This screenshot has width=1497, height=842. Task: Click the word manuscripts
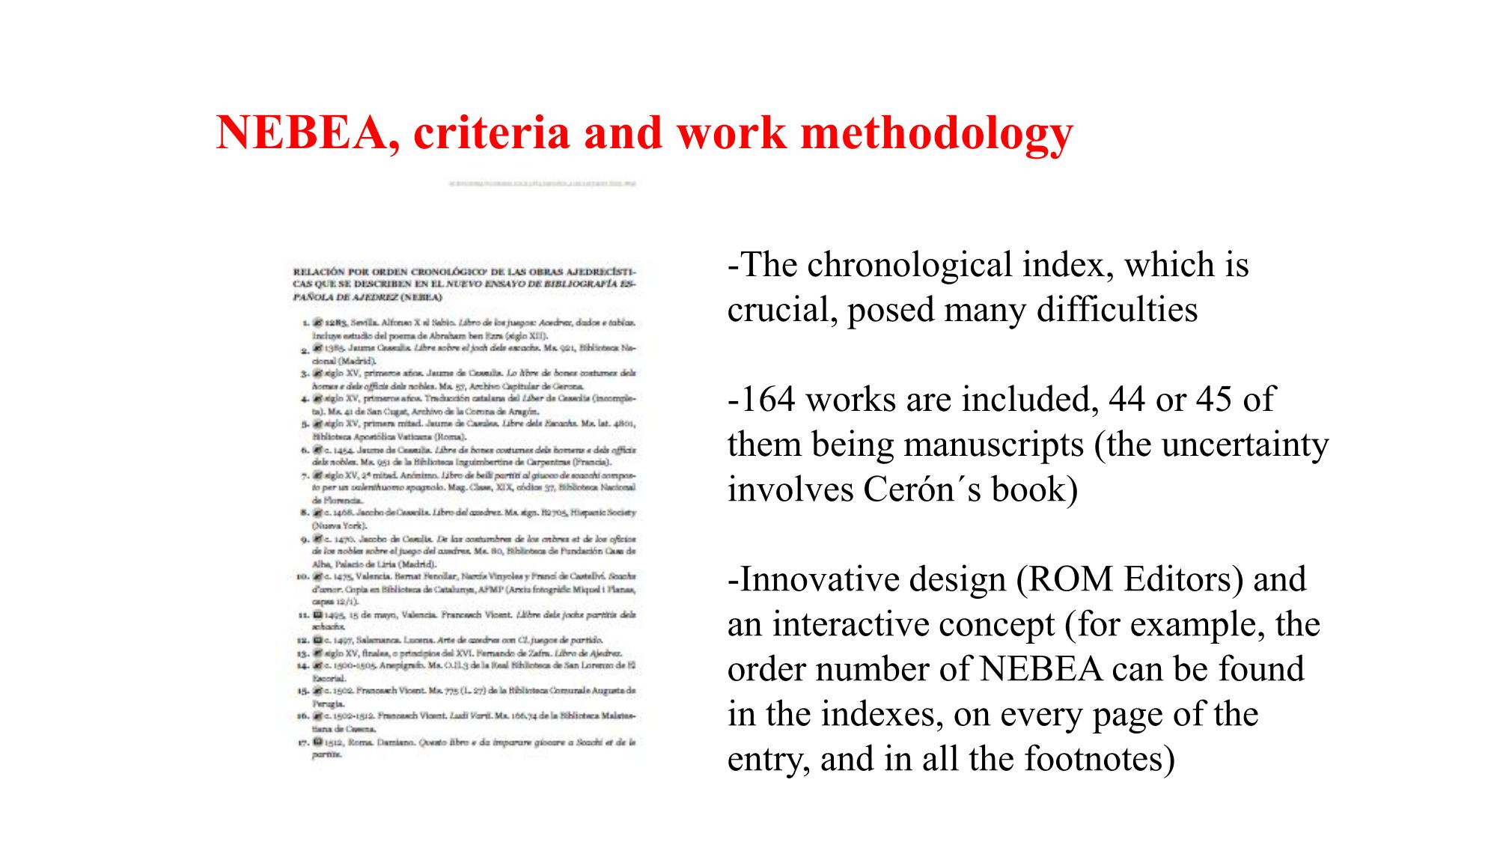pyautogui.click(x=993, y=445)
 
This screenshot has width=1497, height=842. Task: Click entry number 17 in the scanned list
pyautogui.click(x=303, y=742)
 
